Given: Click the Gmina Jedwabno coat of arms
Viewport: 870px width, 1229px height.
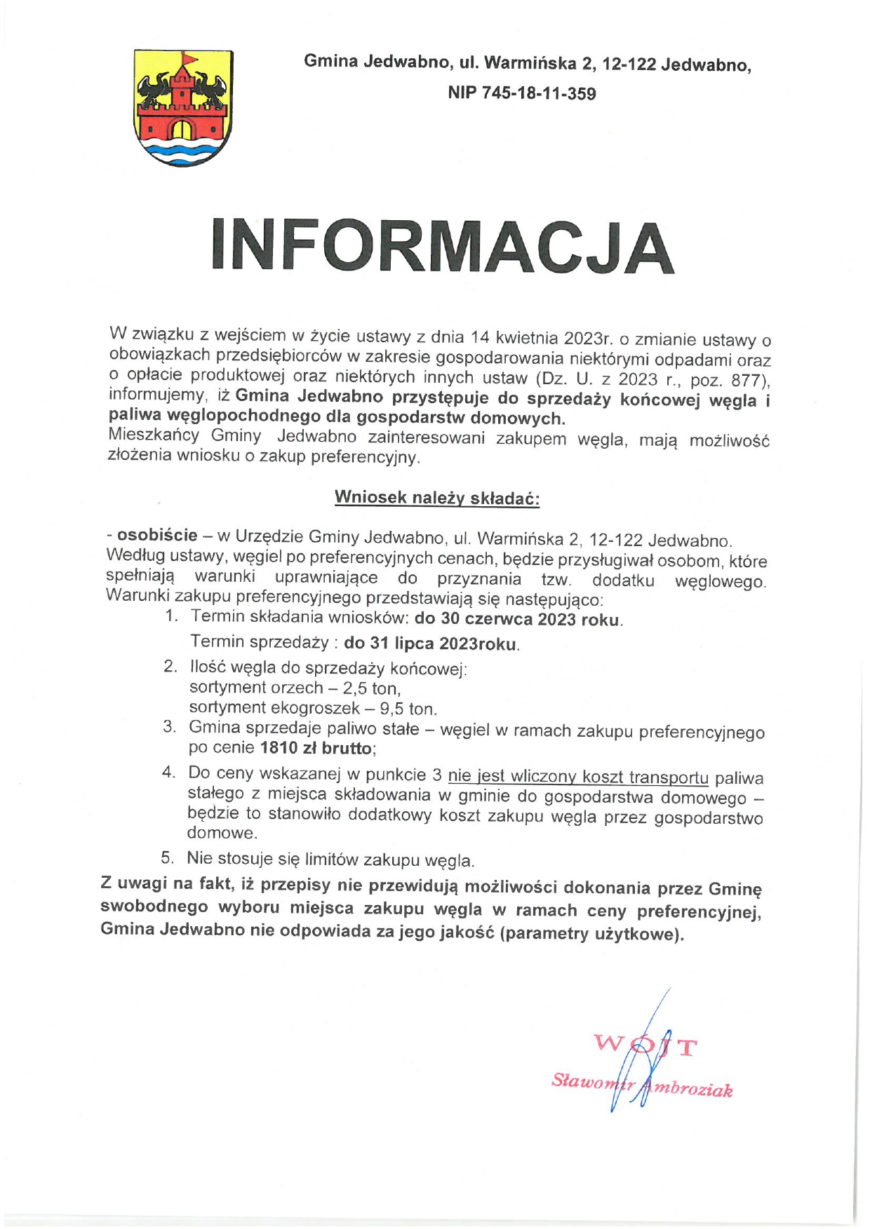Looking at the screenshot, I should point(183,109).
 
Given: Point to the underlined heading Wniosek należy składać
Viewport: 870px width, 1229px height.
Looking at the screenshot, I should point(436,498).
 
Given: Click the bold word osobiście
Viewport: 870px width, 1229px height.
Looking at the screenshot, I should point(157,536).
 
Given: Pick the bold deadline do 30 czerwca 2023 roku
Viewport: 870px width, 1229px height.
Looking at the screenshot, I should point(518,619).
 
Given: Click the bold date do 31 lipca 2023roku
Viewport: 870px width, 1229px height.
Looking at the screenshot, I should point(431,644).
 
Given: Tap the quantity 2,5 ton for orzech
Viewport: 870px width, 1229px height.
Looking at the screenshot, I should point(371,688).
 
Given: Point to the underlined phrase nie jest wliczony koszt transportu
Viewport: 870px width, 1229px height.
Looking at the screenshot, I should point(578,777).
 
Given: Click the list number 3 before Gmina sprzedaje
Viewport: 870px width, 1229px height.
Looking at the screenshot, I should point(168,727).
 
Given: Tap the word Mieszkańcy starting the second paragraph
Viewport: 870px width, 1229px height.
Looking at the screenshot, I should point(154,435).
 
